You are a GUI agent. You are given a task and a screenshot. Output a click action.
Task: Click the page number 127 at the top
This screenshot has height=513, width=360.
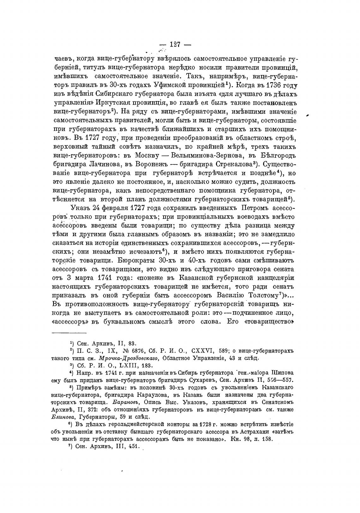click(175, 45)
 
